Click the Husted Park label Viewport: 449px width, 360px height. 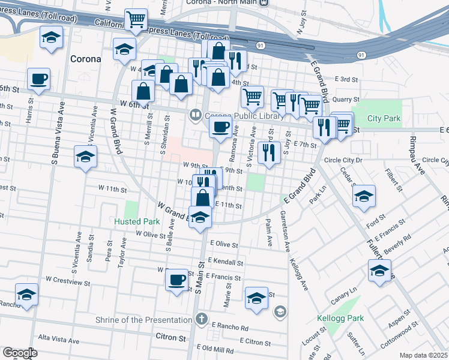(137, 221)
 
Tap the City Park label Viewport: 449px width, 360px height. (384, 119)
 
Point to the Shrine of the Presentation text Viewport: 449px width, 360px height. (143, 320)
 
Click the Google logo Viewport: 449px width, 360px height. (20, 353)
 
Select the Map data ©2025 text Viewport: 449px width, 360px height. (423, 355)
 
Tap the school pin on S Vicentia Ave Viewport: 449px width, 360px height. (85, 157)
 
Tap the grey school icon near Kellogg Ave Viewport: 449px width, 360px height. (279, 311)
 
